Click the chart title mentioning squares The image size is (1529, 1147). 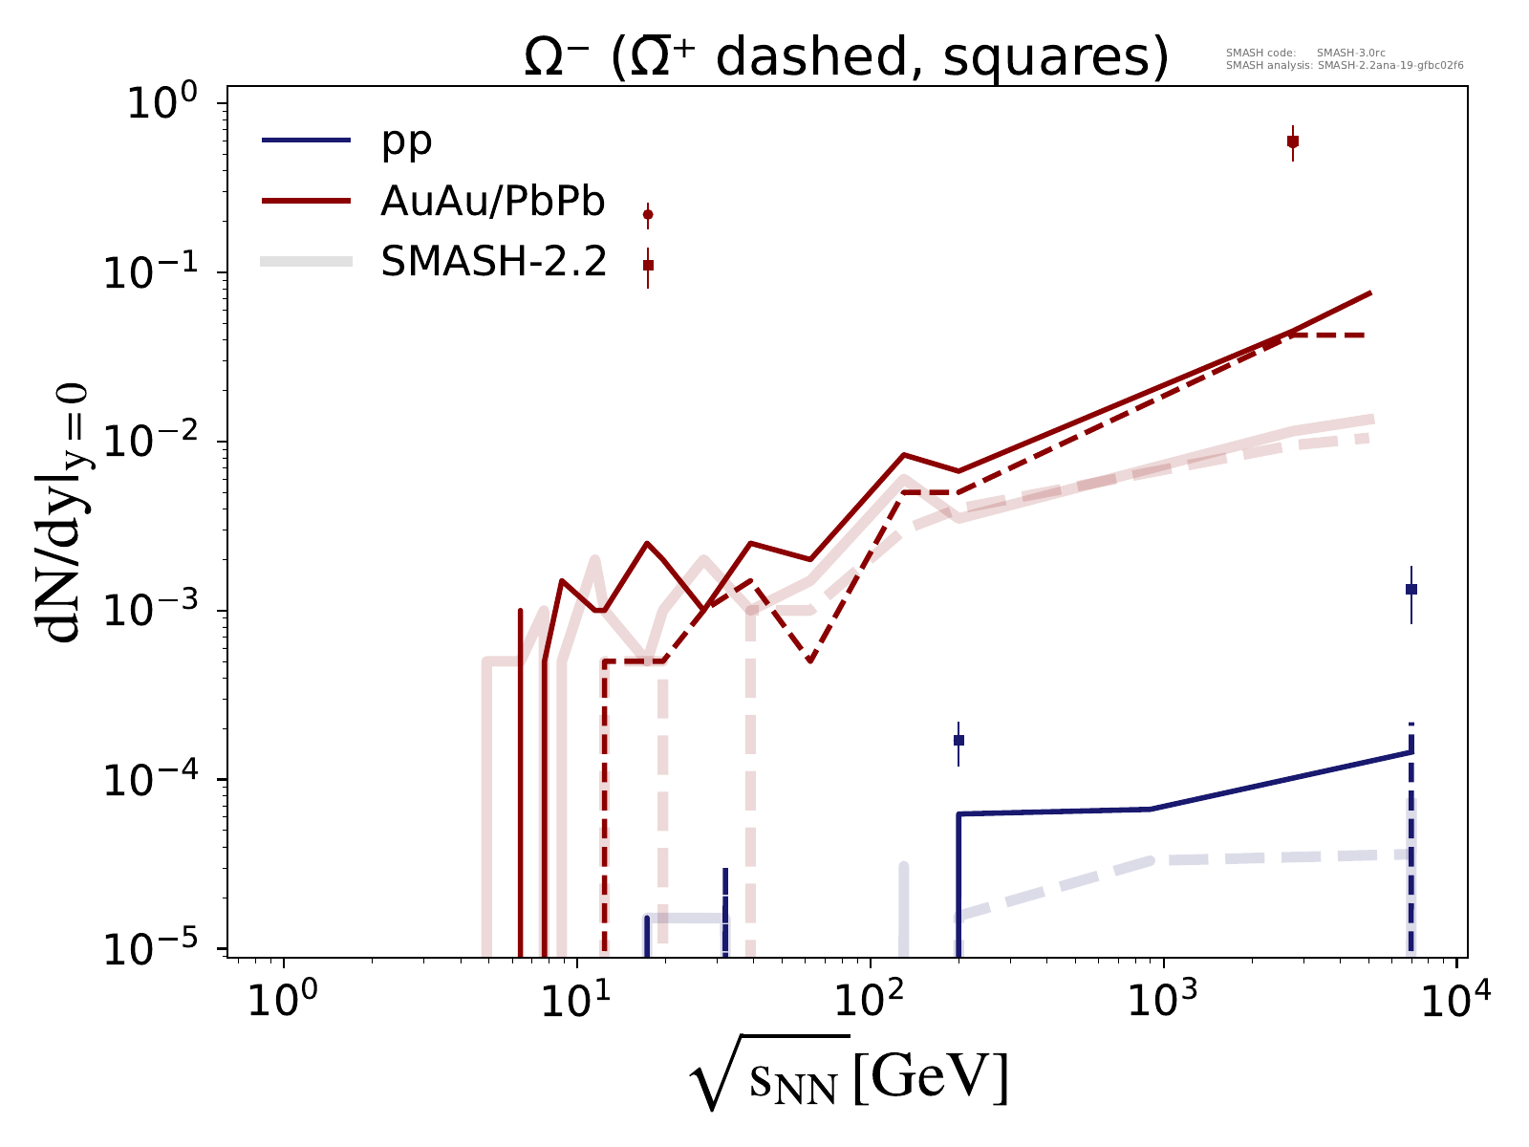pos(847,59)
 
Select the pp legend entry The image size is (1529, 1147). pos(406,141)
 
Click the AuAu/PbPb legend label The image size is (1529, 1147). pos(493,202)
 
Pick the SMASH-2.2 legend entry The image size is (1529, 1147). pos(493,261)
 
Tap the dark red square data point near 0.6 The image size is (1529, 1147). pos(1293,141)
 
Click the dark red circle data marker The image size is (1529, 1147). pos(648,214)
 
